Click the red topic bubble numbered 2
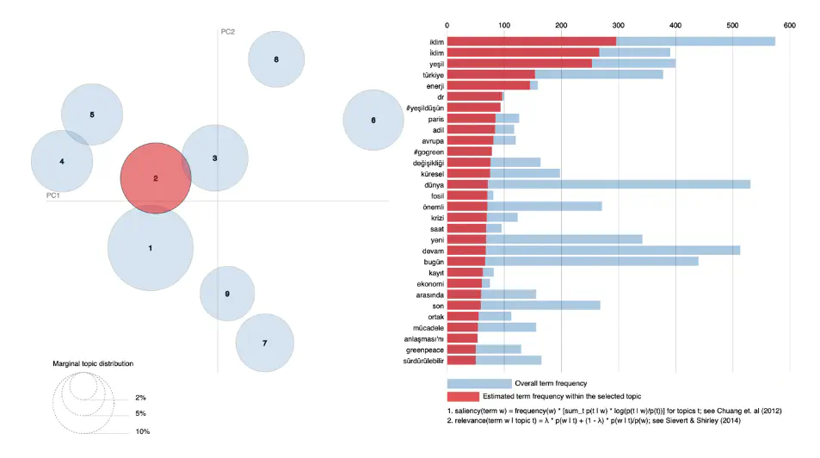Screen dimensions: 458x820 click(x=155, y=179)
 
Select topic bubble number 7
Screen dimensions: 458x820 click(x=264, y=343)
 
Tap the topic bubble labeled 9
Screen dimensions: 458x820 click(x=227, y=294)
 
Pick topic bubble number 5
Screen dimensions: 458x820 click(x=92, y=114)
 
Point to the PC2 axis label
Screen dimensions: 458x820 click(x=228, y=32)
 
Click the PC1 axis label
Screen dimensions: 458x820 click(x=52, y=195)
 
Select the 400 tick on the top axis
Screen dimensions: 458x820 click(x=675, y=26)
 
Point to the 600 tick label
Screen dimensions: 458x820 click(x=790, y=26)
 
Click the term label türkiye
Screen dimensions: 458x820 click(x=428, y=74)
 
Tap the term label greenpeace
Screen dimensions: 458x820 click(x=424, y=349)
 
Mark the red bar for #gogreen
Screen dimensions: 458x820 click(x=470, y=152)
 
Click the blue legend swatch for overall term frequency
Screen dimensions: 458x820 click(x=478, y=383)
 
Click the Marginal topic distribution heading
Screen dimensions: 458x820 click(x=93, y=364)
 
